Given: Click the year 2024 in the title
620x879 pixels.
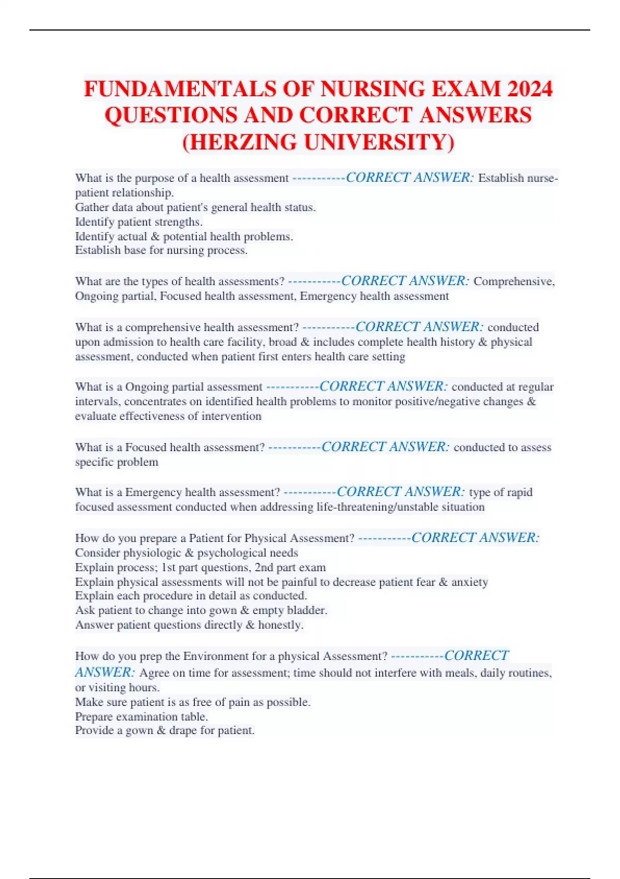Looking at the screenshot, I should [x=530, y=89].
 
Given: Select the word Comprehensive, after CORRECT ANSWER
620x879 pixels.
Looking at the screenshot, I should [x=514, y=281].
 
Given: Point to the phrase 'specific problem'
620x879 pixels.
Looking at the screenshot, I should [x=117, y=462].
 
